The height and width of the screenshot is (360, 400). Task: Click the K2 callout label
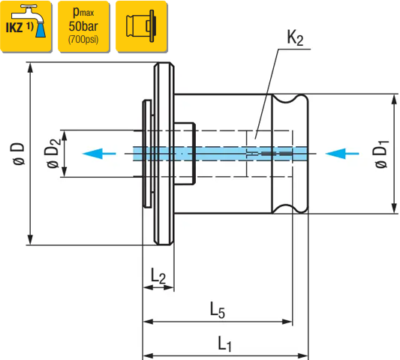pyautogui.click(x=295, y=38)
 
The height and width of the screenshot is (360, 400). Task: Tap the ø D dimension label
pyautogui.click(x=18, y=154)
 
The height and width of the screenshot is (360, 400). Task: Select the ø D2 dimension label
pyautogui.click(x=53, y=154)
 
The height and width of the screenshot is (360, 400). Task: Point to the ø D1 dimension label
pyautogui.click(x=382, y=154)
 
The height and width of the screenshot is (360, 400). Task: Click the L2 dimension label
pyautogui.click(x=158, y=276)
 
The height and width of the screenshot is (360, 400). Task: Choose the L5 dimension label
pyautogui.click(x=218, y=310)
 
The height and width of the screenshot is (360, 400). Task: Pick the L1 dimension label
pyautogui.click(x=224, y=343)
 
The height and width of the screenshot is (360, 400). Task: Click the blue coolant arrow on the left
pyautogui.click(x=99, y=154)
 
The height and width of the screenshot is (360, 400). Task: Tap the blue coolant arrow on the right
pyautogui.click(x=342, y=154)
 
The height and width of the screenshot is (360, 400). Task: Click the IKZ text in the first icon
pyautogui.click(x=14, y=28)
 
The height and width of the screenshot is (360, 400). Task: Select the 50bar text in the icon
pyautogui.click(x=83, y=26)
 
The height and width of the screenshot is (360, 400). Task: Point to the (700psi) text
pyautogui.click(x=83, y=40)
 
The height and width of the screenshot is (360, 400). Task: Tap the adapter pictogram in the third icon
pyautogui.click(x=140, y=26)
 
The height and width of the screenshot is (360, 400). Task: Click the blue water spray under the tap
pyautogui.click(x=41, y=30)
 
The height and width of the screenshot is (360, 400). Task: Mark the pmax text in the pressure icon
pyautogui.click(x=83, y=12)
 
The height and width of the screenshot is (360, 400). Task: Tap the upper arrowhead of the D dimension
pyautogui.click(x=30, y=67)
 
